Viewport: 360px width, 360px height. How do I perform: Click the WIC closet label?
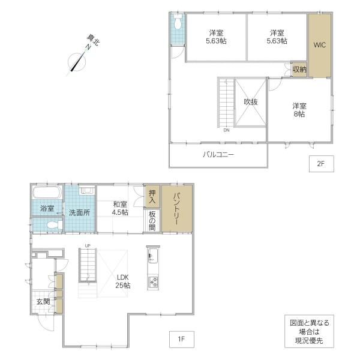320,45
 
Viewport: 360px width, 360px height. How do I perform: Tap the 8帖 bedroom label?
299,110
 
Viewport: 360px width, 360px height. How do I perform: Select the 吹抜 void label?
251,102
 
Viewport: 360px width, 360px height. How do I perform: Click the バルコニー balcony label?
218,154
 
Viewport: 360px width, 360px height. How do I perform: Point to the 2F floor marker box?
321,164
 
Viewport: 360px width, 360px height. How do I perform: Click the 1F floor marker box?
182,339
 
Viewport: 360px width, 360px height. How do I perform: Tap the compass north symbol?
77,62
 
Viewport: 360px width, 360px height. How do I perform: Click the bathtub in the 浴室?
47,193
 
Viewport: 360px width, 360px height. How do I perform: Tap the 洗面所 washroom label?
79,212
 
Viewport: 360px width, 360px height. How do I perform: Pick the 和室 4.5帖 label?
120,208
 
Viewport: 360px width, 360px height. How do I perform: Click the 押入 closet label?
152,197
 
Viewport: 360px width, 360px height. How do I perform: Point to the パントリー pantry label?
177,209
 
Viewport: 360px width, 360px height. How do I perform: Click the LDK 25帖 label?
123,281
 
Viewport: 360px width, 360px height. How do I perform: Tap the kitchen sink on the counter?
152,256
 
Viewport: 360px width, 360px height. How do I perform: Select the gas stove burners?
153,283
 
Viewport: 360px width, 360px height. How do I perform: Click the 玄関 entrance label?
43,301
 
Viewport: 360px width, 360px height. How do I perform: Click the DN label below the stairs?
226,130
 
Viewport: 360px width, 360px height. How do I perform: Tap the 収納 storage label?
299,70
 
